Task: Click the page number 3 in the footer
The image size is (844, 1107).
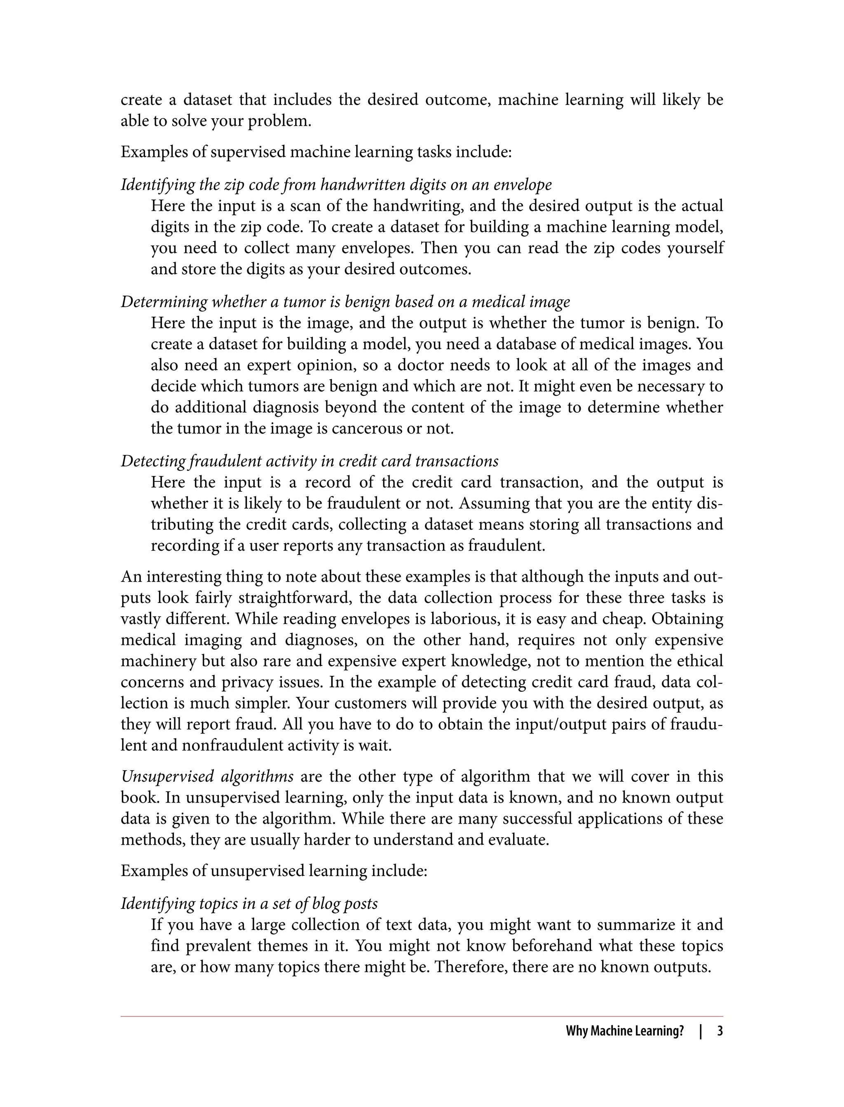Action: click(720, 1031)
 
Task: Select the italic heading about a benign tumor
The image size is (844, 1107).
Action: click(345, 302)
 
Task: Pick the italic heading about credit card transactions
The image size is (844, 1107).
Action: click(309, 461)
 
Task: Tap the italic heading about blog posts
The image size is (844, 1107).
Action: click(249, 904)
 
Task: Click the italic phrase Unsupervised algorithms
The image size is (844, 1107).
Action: click(207, 777)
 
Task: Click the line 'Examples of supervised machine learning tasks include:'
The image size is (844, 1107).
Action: click(316, 152)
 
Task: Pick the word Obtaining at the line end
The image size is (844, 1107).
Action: click(687, 619)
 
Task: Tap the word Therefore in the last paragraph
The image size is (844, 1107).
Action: click(465, 967)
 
